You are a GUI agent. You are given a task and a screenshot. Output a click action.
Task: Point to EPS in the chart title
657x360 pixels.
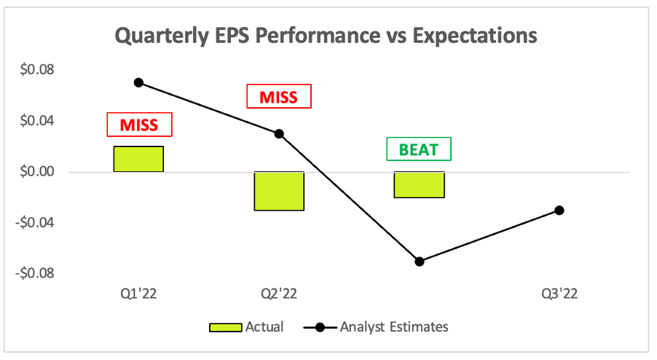click(232, 35)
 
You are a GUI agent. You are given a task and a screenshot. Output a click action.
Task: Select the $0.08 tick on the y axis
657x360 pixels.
click(37, 69)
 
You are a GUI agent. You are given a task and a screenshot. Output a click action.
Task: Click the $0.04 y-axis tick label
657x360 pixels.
click(37, 121)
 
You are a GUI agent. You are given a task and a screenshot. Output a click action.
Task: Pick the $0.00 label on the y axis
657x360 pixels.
click(37, 171)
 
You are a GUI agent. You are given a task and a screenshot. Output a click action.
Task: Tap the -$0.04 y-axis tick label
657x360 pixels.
click(35, 222)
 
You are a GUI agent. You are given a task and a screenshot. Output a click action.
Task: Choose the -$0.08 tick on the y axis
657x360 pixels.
click(35, 273)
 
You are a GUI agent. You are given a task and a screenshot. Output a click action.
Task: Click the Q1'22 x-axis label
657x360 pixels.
click(138, 294)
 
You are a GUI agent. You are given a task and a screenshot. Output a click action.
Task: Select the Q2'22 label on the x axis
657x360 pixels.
click(279, 294)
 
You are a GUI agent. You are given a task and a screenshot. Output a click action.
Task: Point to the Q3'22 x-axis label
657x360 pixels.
click(559, 294)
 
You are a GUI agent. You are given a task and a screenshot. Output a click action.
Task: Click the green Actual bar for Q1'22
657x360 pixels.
click(138, 159)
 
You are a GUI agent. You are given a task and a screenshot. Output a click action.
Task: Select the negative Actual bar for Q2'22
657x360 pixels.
click(279, 191)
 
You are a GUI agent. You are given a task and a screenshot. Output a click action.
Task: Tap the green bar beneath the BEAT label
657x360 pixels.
click(419, 185)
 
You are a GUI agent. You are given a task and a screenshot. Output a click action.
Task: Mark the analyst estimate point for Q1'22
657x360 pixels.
click(138, 82)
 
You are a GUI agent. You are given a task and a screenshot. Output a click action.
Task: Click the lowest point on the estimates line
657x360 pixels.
click(420, 262)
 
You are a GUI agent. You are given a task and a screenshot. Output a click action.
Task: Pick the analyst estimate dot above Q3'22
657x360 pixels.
click(559, 211)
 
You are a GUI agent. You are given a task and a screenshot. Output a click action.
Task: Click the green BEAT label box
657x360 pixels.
click(419, 149)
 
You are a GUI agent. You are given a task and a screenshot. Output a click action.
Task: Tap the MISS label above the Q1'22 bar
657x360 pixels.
click(139, 125)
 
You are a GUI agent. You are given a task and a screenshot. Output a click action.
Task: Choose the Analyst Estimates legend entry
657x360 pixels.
click(376, 327)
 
